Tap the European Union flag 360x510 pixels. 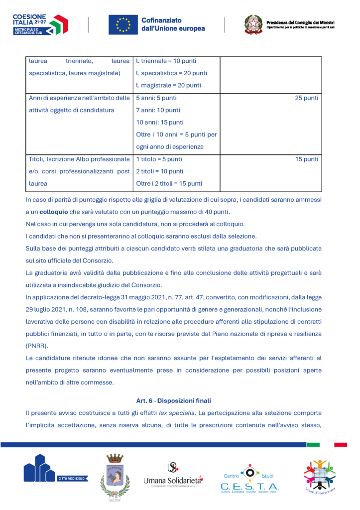123,24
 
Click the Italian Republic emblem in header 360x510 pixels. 253,24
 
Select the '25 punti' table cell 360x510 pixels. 306,98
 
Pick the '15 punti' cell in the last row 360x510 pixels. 306,159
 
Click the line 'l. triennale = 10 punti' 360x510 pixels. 166,61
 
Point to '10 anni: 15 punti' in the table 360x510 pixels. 159,123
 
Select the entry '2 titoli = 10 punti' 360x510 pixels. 159,171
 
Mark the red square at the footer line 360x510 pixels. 340,444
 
